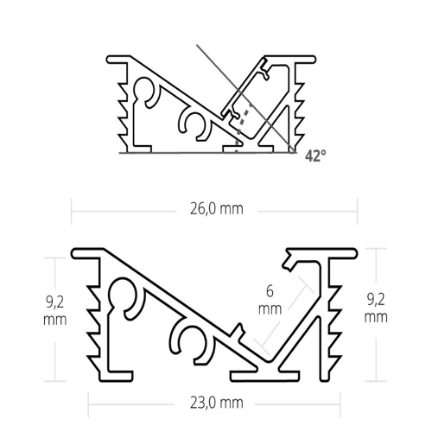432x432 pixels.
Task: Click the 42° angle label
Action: (315, 156)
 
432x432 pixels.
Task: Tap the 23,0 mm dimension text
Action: (213, 403)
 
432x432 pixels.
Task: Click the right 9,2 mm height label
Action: (376, 310)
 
